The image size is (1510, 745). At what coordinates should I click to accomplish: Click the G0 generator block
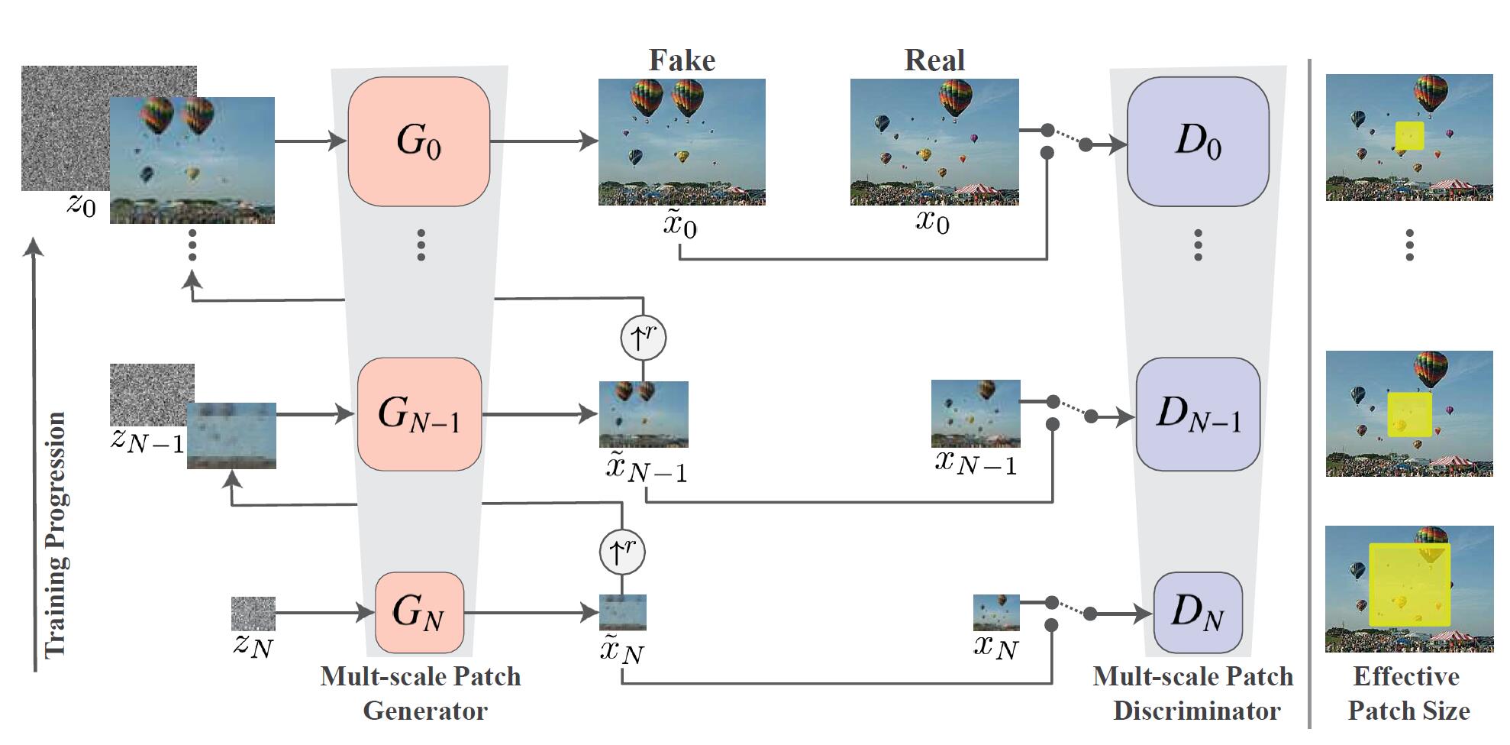point(418,141)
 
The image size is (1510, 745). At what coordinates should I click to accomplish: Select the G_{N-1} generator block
point(419,414)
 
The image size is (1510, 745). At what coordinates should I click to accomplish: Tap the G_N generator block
point(419,612)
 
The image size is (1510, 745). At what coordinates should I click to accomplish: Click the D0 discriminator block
point(1197,141)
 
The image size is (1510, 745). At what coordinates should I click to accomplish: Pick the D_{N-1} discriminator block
point(1197,414)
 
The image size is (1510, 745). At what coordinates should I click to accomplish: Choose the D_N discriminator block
point(1197,612)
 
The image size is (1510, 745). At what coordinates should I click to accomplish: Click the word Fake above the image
point(682,60)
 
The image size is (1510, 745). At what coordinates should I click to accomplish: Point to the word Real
point(934,60)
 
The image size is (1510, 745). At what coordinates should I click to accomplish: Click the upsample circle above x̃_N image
point(622,552)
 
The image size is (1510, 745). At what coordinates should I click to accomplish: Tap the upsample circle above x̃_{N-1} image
point(643,338)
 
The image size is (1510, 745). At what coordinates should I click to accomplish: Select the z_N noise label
point(253,646)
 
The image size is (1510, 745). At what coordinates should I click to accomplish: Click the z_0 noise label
point(82,205)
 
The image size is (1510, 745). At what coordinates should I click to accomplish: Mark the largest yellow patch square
point(1409,585)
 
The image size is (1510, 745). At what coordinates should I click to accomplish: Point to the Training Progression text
point(55,535)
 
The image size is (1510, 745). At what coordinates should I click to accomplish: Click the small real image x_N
point(996,612)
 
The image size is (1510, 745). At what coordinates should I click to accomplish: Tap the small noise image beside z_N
point(253,614)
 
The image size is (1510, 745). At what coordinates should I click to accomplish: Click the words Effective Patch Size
point(1408,694)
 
